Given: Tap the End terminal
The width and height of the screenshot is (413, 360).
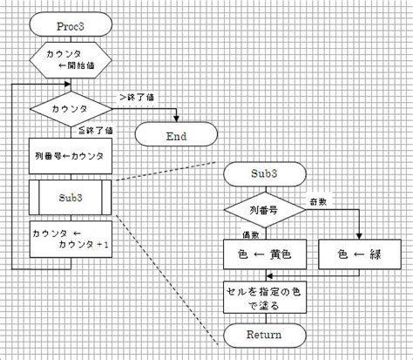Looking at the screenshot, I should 176,134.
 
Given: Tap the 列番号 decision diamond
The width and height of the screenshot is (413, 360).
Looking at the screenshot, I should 264,210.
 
